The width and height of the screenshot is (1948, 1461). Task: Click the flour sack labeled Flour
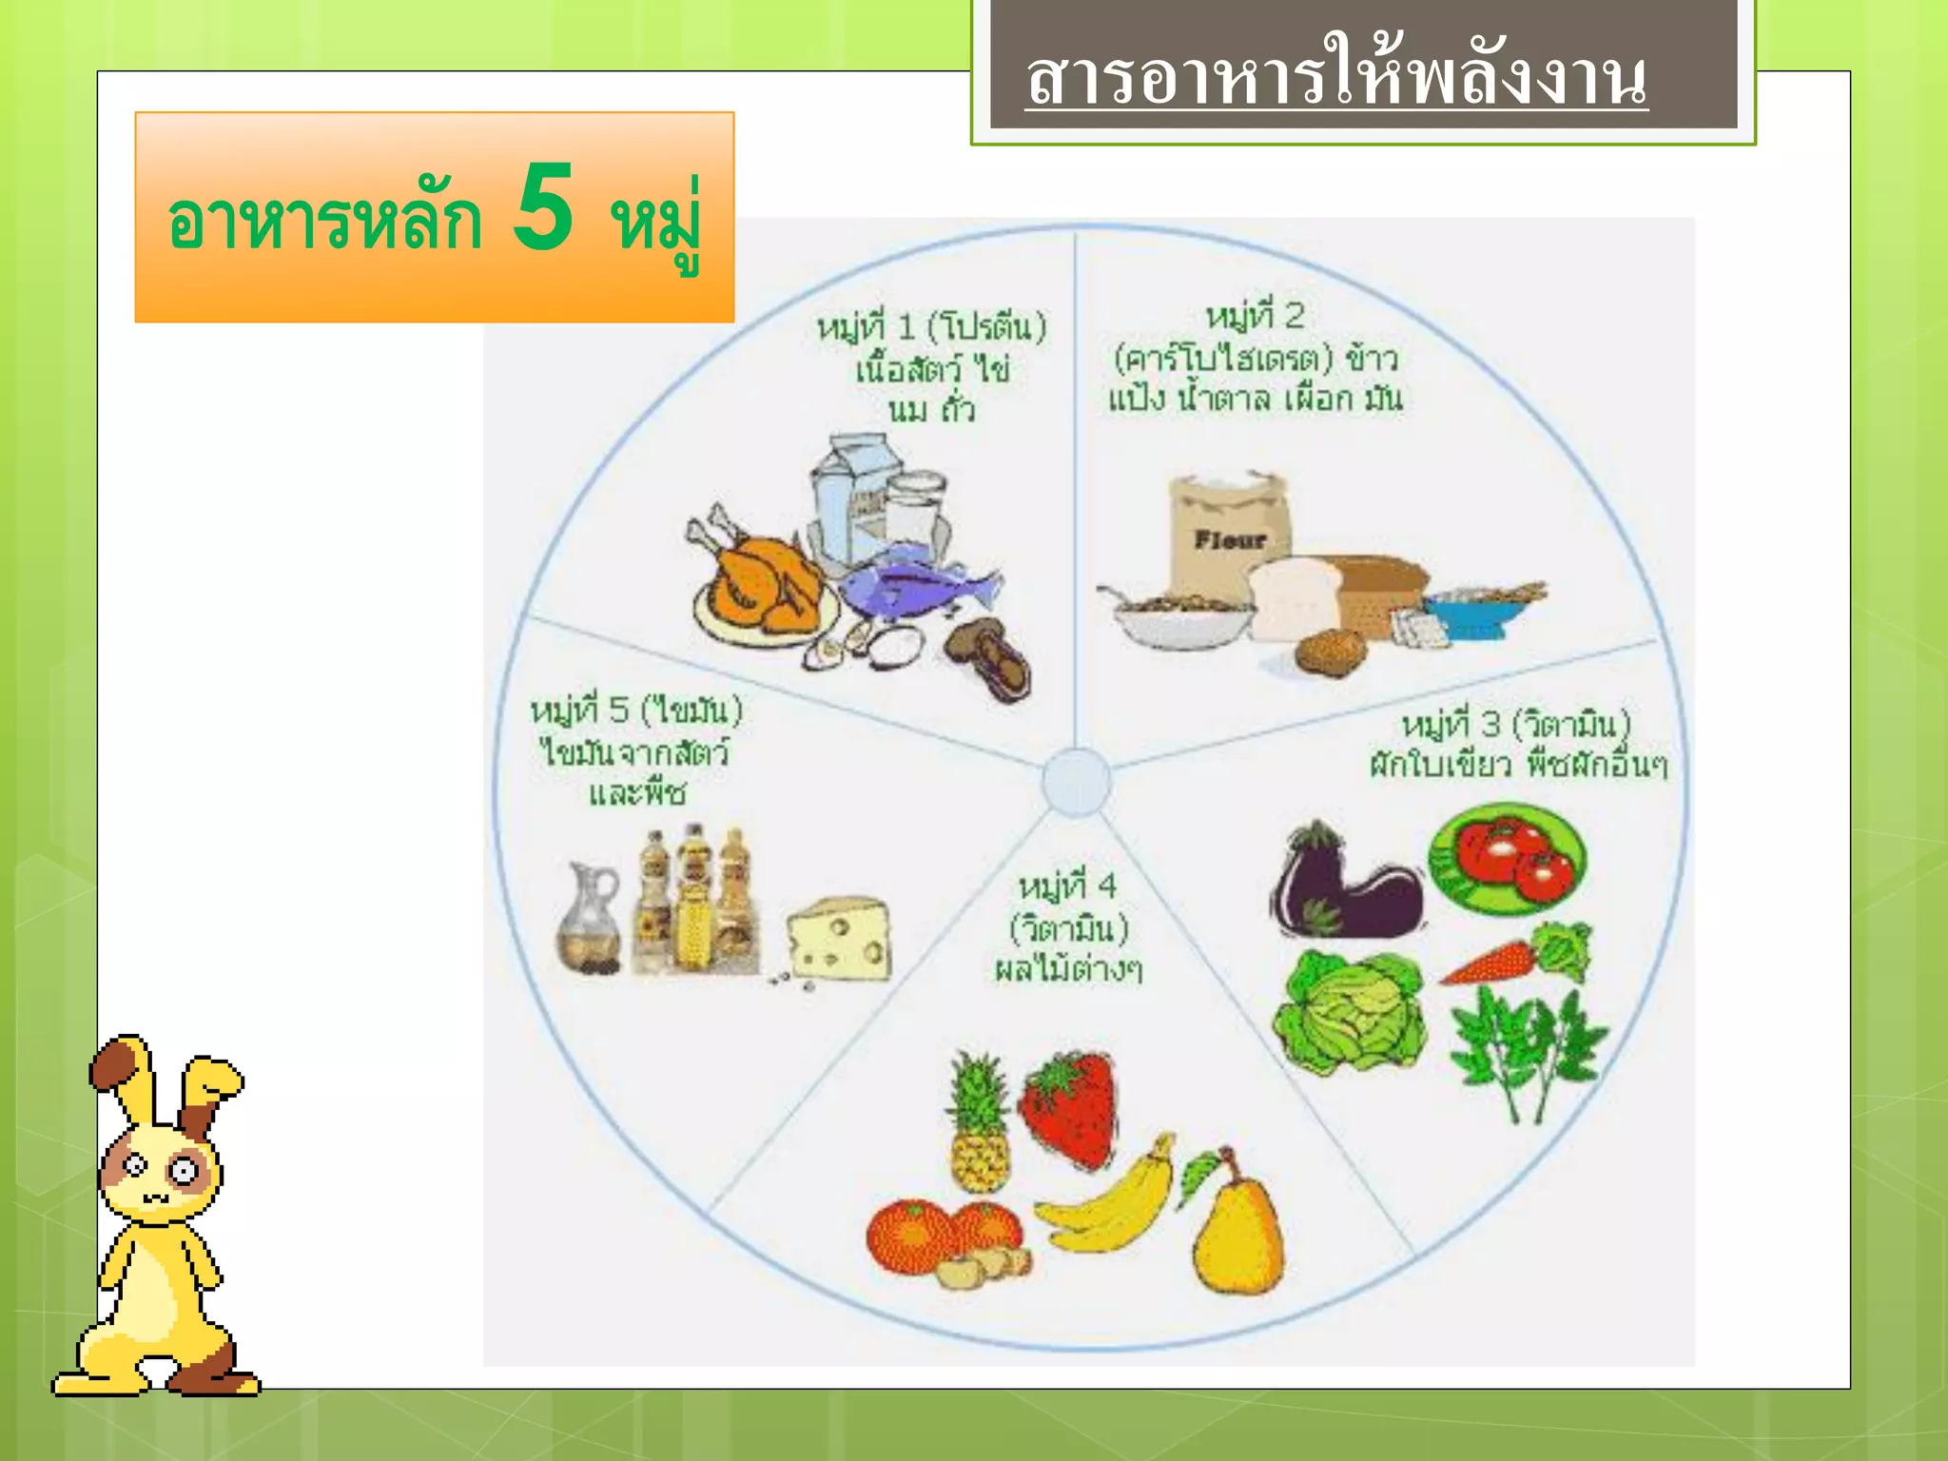click(1227, 533)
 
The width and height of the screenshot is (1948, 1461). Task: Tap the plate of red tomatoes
click(1508, 856)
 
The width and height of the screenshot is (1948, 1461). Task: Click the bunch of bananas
click(1108, 1203)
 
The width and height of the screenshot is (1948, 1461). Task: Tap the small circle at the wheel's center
click(1076, 782)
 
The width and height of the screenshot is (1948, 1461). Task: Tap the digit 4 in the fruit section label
click(1106, 886)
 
